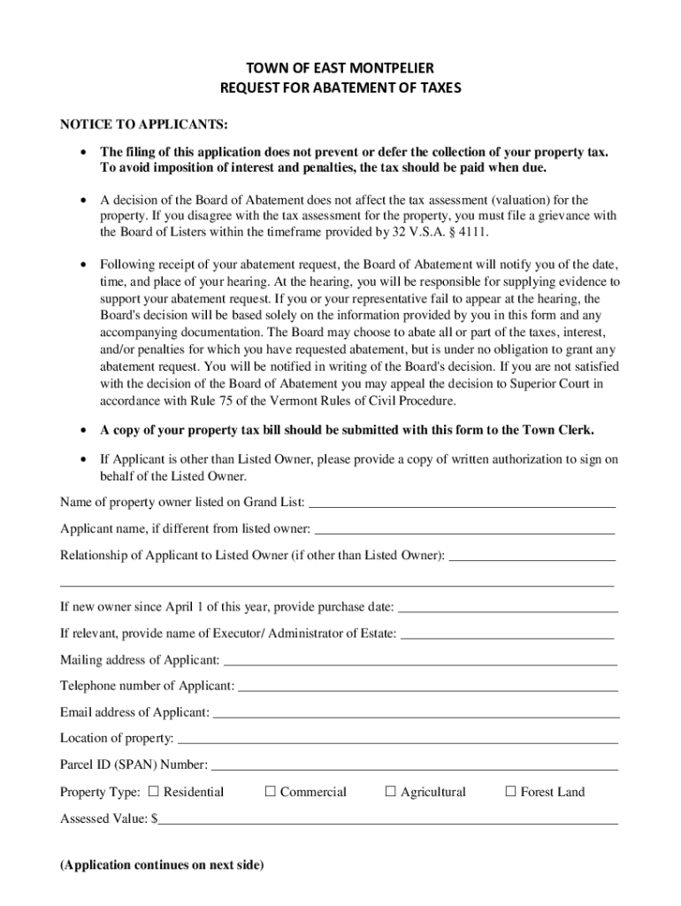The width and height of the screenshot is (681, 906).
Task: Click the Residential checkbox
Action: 153,792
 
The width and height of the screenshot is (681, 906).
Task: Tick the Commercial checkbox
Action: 271,792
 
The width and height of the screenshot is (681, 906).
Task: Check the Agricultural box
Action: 390,792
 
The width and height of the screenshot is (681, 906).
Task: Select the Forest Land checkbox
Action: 509,792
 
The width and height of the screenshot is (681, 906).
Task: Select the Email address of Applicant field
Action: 416,714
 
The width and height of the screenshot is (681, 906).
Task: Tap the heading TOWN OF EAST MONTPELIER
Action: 340,67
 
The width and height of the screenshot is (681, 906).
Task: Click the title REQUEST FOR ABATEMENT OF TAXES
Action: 340,88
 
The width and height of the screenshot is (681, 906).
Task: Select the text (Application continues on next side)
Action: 162,865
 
